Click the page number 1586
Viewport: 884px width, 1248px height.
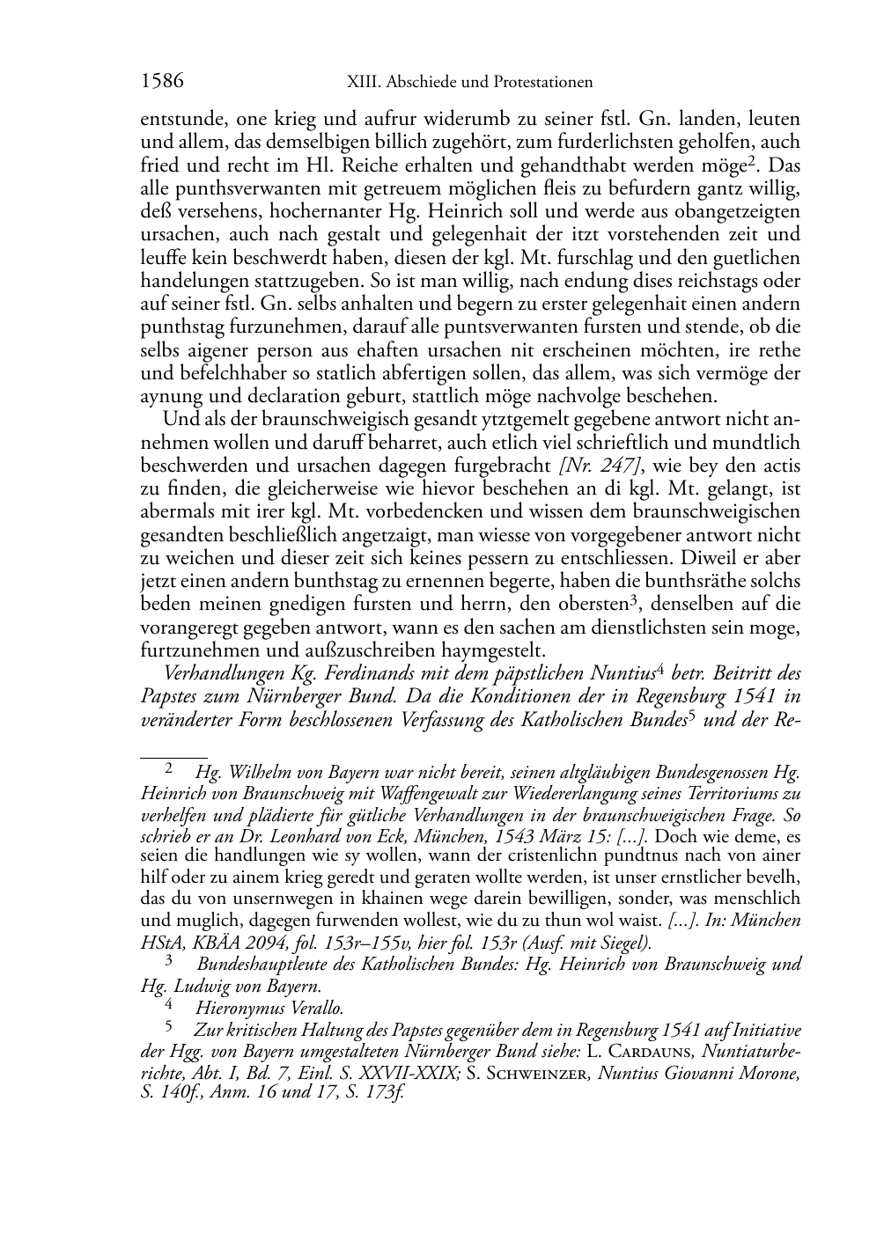point(162,82)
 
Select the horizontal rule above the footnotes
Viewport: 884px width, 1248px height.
point(173,756)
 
